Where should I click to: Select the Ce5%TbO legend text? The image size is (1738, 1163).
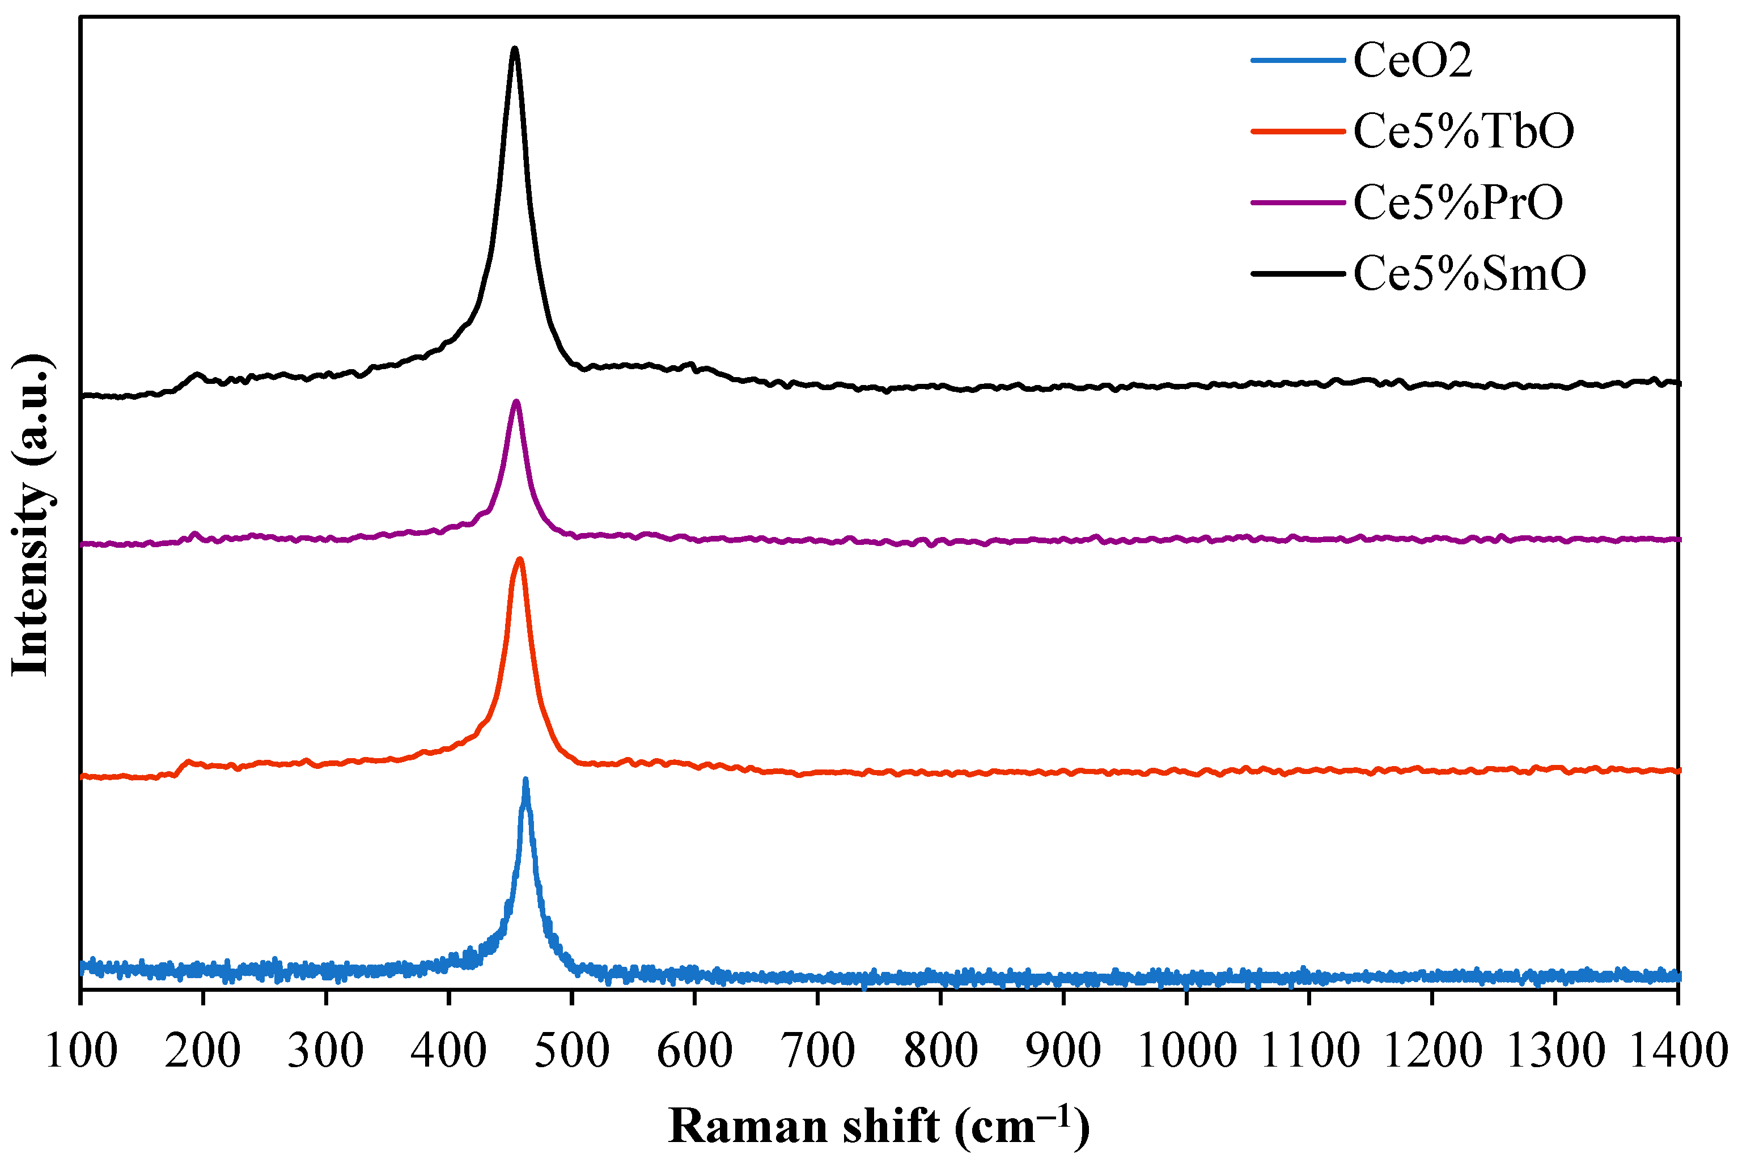1463,132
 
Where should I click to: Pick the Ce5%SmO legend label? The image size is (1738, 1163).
1469,274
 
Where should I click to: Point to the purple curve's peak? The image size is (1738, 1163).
516,402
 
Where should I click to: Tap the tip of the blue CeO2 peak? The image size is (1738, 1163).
525,781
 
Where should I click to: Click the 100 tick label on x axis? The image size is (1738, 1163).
81,1052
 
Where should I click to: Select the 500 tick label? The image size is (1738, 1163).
571,1052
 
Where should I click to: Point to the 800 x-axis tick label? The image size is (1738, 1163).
940,1052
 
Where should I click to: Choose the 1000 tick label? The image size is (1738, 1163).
1186,1052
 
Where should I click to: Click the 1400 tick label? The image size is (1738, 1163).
1677,1052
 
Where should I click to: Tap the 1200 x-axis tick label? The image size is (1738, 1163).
1432,1052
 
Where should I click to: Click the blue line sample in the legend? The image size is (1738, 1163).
1298,61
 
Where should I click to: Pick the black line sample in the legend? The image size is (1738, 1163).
1298,274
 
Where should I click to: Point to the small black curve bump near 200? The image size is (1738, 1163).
197,375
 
